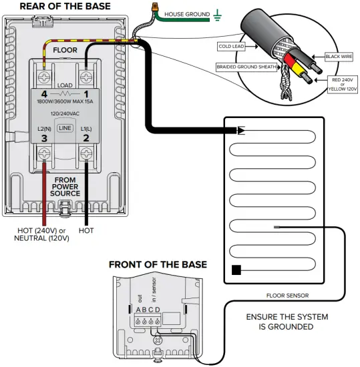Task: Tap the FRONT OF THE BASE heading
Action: pyautogui.click(x=158, y=264)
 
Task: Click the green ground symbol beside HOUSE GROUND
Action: pyautogui.click(x=218, y=13)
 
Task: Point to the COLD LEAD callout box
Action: pyautogui.click(x=232, y=47)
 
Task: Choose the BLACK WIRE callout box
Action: pyautogui.click(x=341, y=57)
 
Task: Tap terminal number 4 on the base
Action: pyautogui.click(x=45, y=95)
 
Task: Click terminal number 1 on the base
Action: pyautogui.click(x=86, y=95)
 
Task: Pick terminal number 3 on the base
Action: pyautogui.click(x=45, y=138)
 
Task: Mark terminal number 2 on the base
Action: pyautogui.click(x=86, y=138)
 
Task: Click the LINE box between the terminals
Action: pyautogui.click(x=65, y=127)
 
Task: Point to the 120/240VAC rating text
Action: pyautogui.click(x=65, y=114)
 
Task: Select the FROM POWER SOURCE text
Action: pyautogui.click(x=65, y=187)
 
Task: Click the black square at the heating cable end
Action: pyautogui.click(x=236, y=270)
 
